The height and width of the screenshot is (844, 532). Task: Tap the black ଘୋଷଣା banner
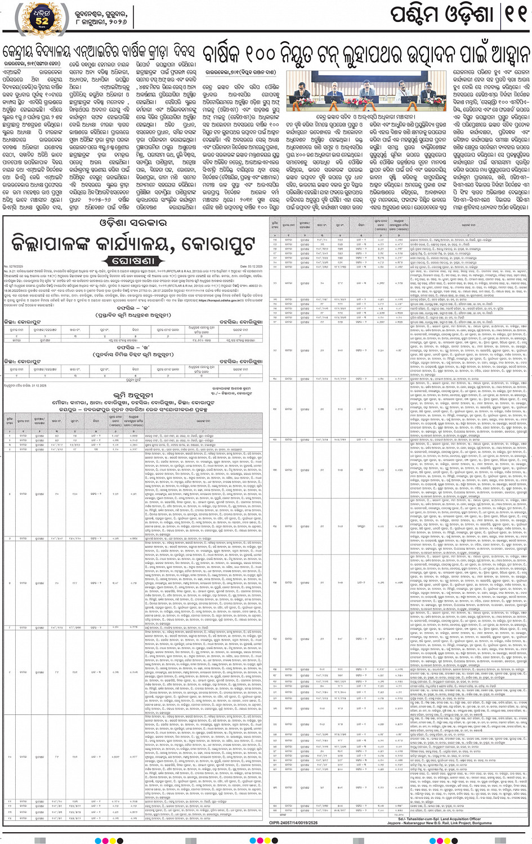point(133,261)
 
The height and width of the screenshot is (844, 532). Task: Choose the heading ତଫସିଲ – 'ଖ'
point(133,348)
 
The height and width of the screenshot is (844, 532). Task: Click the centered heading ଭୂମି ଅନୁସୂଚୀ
point(133,396)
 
